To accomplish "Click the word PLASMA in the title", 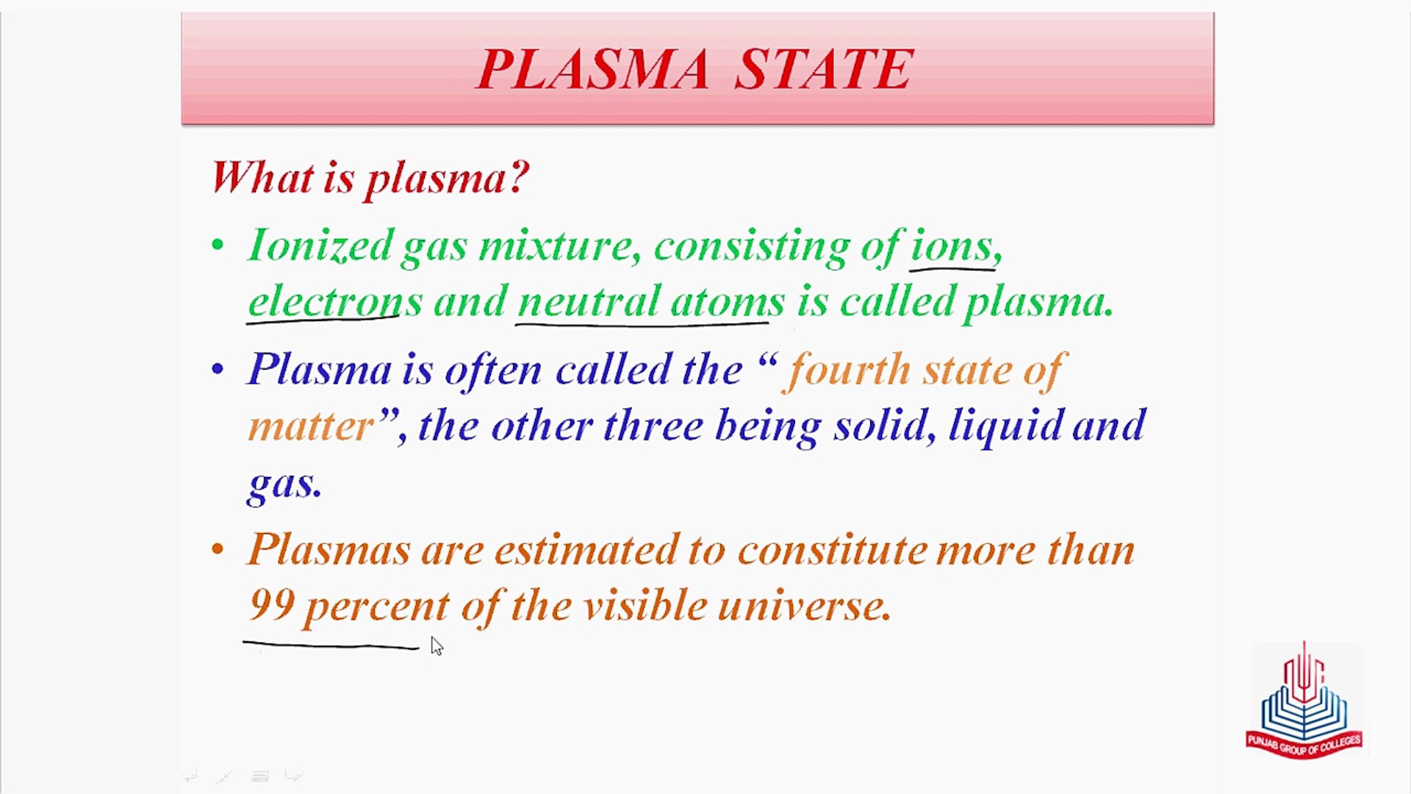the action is tap(592, 69).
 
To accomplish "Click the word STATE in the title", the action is tap(824, 69).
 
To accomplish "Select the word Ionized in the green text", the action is tap(320, 245).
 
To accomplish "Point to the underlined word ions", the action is tap(951, 245).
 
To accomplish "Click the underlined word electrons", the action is tap(335, 301).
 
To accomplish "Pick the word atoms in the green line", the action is tap(728, 302).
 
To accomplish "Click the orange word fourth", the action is tap(849, 369).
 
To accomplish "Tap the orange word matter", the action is tap(311, 426).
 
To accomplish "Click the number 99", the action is tap(272, 605).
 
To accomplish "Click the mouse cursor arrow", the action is tap(437, 646).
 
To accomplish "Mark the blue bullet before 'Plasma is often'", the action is tap(217, 369).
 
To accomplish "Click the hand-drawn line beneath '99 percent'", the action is tap(331, 645).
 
